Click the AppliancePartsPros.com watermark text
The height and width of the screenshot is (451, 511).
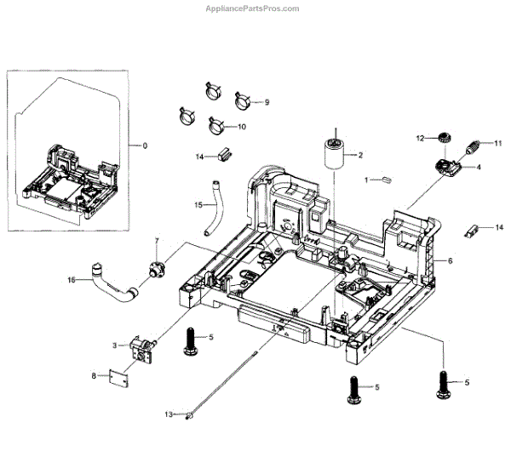pyautogui.click(x=252, y=9)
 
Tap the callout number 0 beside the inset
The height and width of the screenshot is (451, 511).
pyautogui.click(x=145, y=146)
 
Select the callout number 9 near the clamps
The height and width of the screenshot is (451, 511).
pyautogui.click(x=267, y=102)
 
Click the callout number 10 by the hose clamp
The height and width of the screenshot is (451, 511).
pyautogui.click(x=242, y=127)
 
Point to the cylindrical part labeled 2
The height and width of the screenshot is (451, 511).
pyautogui.click(x=334, y=153)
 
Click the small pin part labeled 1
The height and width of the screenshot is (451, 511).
pyautogui.click(x=387, y=180)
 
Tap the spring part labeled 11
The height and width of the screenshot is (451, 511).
pyautogui.click(x=472, y=146)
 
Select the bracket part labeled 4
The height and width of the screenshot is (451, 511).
pyautogui.click(x=448, y=168)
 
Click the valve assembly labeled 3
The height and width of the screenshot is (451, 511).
pyautogui.click(x=142, y=349)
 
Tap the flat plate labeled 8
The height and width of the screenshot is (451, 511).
pyautogui.click(x=118, y=378)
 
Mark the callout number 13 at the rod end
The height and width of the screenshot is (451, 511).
pyautogui.click(x=169, y=414)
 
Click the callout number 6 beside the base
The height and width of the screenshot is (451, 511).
pyautogui.click(x=451, y=261)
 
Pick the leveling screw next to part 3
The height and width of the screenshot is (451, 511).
pyautogui.click(x=191, y=342)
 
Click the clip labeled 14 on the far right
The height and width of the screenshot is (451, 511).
pyautogui.click(x=471, y=231)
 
